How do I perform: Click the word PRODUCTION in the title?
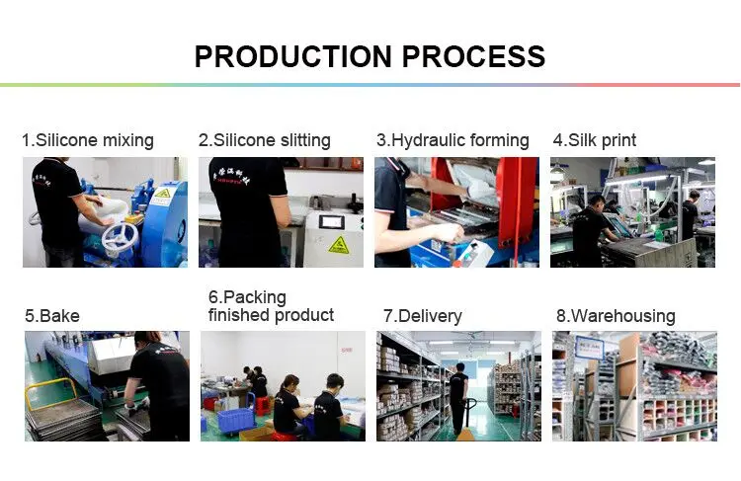[x=288, y=56]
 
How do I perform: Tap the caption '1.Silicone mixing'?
[x=88, y=140]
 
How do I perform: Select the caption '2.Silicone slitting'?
[x=265, y=140]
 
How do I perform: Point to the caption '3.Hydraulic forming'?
[x=453, y=140]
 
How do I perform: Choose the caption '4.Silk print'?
[x=595, y=140]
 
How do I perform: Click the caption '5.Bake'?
[x=52, y=316]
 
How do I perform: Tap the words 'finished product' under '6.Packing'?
[x=271, y=315]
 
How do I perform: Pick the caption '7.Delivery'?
[x=422, y=316]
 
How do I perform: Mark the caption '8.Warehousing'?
[x=616, y=316]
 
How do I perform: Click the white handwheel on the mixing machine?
[x=121, y=237]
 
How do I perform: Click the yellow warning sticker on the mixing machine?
[x=160, y=196]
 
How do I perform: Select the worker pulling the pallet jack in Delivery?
[x=457, y=391]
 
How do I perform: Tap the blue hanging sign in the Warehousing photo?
[x=590, y=348]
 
